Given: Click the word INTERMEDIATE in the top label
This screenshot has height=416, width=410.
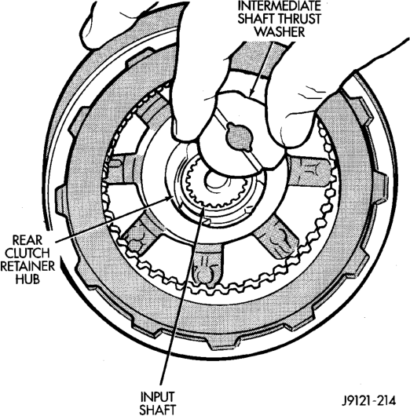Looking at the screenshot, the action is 279,5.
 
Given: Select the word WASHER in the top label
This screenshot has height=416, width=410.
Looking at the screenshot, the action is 280,32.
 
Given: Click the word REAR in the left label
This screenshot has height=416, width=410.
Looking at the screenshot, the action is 27,240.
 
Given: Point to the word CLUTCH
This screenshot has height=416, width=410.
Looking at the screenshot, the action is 27,253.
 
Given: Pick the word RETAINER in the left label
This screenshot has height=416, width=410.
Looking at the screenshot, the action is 27,266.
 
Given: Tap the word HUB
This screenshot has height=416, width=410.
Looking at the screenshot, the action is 27,279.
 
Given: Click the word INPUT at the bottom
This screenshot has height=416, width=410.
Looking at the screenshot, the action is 157,397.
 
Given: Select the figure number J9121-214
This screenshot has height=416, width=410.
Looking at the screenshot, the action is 369,401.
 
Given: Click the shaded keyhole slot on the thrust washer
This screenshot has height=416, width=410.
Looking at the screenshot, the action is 239,137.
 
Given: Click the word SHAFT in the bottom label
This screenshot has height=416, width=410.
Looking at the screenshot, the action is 157,410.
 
